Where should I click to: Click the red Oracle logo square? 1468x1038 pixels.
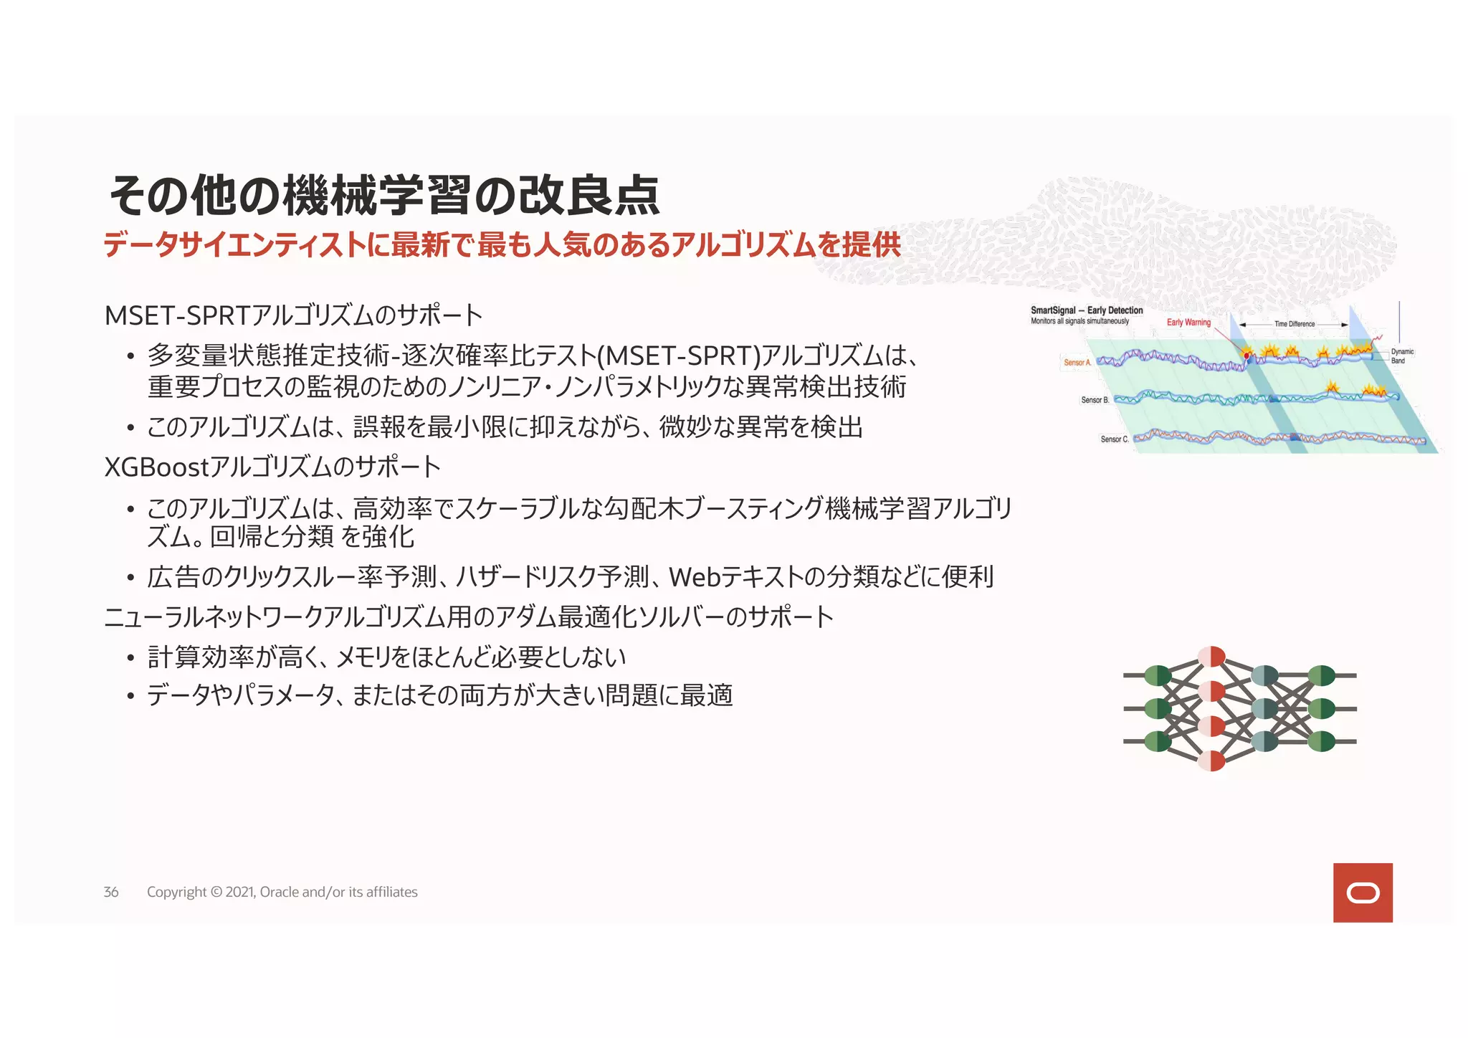(1362, 892)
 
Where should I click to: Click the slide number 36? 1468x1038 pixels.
(111, 892)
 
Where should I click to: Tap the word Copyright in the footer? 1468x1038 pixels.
(176, 892)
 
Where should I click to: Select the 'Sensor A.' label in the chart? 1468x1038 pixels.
(1077, 363)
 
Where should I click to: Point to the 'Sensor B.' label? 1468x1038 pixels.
(1095, 400)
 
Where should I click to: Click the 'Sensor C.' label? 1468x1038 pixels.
(1114, 439)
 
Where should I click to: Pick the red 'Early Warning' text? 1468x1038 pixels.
(1188, 323)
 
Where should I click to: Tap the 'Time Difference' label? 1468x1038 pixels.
(1294, 324)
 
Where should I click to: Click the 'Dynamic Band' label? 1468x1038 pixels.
(1402, 356)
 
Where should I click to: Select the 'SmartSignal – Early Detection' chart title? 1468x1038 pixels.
(1087, 310)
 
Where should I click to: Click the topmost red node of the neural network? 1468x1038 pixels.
(1211, 657)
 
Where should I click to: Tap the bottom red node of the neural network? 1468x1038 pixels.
(1211, 761)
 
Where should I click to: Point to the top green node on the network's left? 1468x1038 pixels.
(1158, 675)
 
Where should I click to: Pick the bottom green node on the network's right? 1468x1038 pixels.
(1321, 741)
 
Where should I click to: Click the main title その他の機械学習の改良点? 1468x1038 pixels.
(383, 195)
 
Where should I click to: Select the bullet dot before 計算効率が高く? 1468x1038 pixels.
(130, 657)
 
